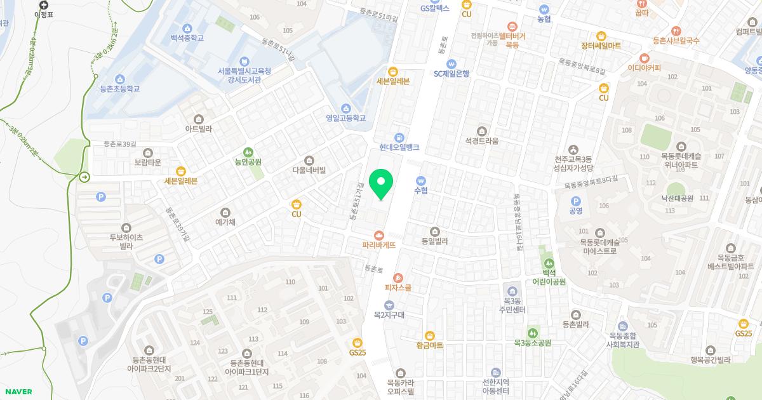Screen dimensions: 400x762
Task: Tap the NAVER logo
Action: tap(18, 392)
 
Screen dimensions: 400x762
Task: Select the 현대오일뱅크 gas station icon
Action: tap(399, 137)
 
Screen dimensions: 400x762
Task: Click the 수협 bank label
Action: tap(421, 190)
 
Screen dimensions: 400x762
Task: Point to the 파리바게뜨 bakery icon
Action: tap(379, 235)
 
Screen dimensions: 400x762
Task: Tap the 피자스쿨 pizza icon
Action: tap(398, 277)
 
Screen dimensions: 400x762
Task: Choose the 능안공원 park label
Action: tap(248, 162)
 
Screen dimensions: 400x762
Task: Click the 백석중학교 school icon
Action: tap(187, 28)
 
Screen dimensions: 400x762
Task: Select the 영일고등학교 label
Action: tap(346, 118)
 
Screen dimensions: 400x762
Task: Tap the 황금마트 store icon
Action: tap(430, 335)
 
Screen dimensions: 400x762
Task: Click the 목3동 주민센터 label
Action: tap(512, 305)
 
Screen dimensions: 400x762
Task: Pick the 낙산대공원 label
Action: tap(677, 198)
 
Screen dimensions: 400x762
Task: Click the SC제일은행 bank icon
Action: tap(451, 63)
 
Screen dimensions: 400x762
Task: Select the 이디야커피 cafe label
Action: tap(644, 68)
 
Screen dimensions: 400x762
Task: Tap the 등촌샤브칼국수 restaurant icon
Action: tap(676, 30)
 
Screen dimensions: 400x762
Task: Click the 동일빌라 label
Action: tap(435, 241)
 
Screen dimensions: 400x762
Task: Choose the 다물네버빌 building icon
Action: tap(309, 160)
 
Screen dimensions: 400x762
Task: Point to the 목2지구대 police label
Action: tap(389, 315)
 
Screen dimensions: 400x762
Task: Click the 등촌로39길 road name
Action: tap(120, 144)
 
